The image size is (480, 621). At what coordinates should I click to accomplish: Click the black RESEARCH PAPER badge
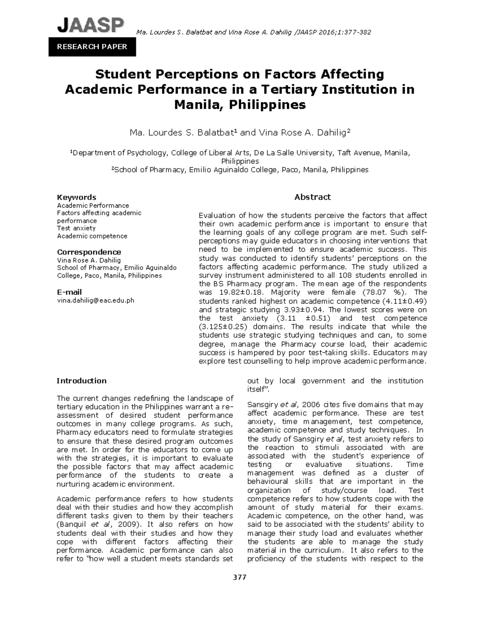pyautogui.click(x=92, y=47)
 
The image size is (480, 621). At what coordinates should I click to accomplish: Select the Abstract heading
pyautogui.click(x=312, y=197)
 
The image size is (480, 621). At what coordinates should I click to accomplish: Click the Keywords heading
pyautogui.click(x=76, y=197)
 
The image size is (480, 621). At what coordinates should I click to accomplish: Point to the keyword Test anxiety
pyautogui.click(x=76, y=228)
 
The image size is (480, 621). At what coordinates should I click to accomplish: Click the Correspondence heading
pyautogui.click(x=89, y=252)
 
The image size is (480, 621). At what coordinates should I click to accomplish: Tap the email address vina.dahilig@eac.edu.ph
pyautogui.click(x=96, y=300)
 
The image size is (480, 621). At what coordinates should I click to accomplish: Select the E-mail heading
pyautogui.click(x=69, y=292)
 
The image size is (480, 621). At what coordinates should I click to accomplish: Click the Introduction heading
pyautogui.click(x=81, y=381)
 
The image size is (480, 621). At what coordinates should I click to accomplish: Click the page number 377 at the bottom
pyautogui.click(x=240, y=577)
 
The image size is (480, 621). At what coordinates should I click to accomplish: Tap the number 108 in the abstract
pyautogui.click(x=345, y=275)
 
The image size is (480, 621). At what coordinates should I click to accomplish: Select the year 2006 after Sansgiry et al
pyautogui.click(x=311, y=405)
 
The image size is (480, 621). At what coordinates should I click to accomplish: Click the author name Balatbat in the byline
pyautogui.click(x=215, y=133)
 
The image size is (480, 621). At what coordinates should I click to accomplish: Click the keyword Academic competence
pyautogui.click(x=92, y=236)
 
